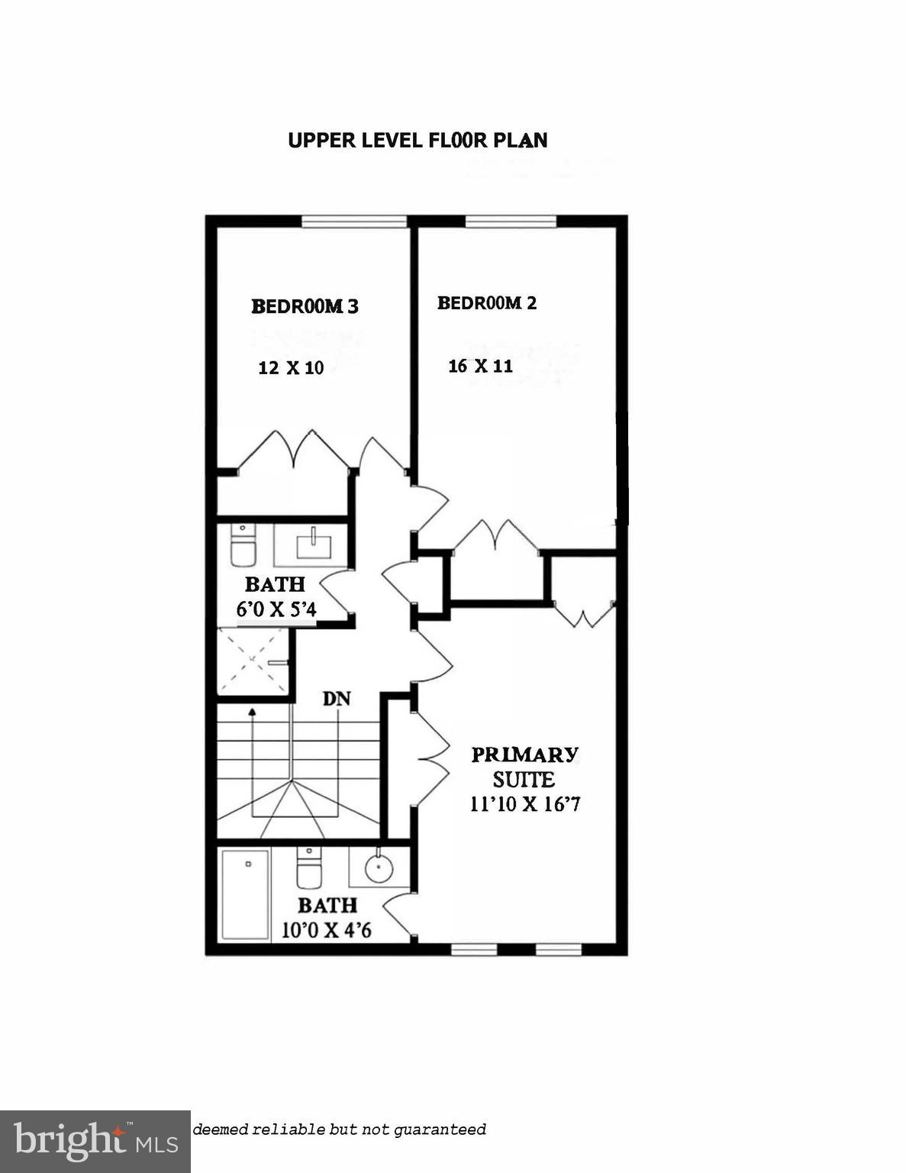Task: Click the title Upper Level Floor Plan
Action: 418,141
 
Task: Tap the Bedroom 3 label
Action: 305,306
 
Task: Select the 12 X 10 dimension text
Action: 291,368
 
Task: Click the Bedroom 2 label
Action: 486,303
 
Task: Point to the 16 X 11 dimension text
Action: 480,366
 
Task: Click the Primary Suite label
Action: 524,767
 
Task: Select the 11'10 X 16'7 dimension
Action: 525,804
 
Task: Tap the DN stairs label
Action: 337,699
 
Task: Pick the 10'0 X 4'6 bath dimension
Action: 327,930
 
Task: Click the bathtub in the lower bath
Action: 245,895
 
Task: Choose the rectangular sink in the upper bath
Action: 312,544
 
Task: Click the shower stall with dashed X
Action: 253,661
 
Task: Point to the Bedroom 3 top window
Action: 353,221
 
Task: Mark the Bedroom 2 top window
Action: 511,221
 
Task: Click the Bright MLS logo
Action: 95,1142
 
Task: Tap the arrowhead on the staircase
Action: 253,712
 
